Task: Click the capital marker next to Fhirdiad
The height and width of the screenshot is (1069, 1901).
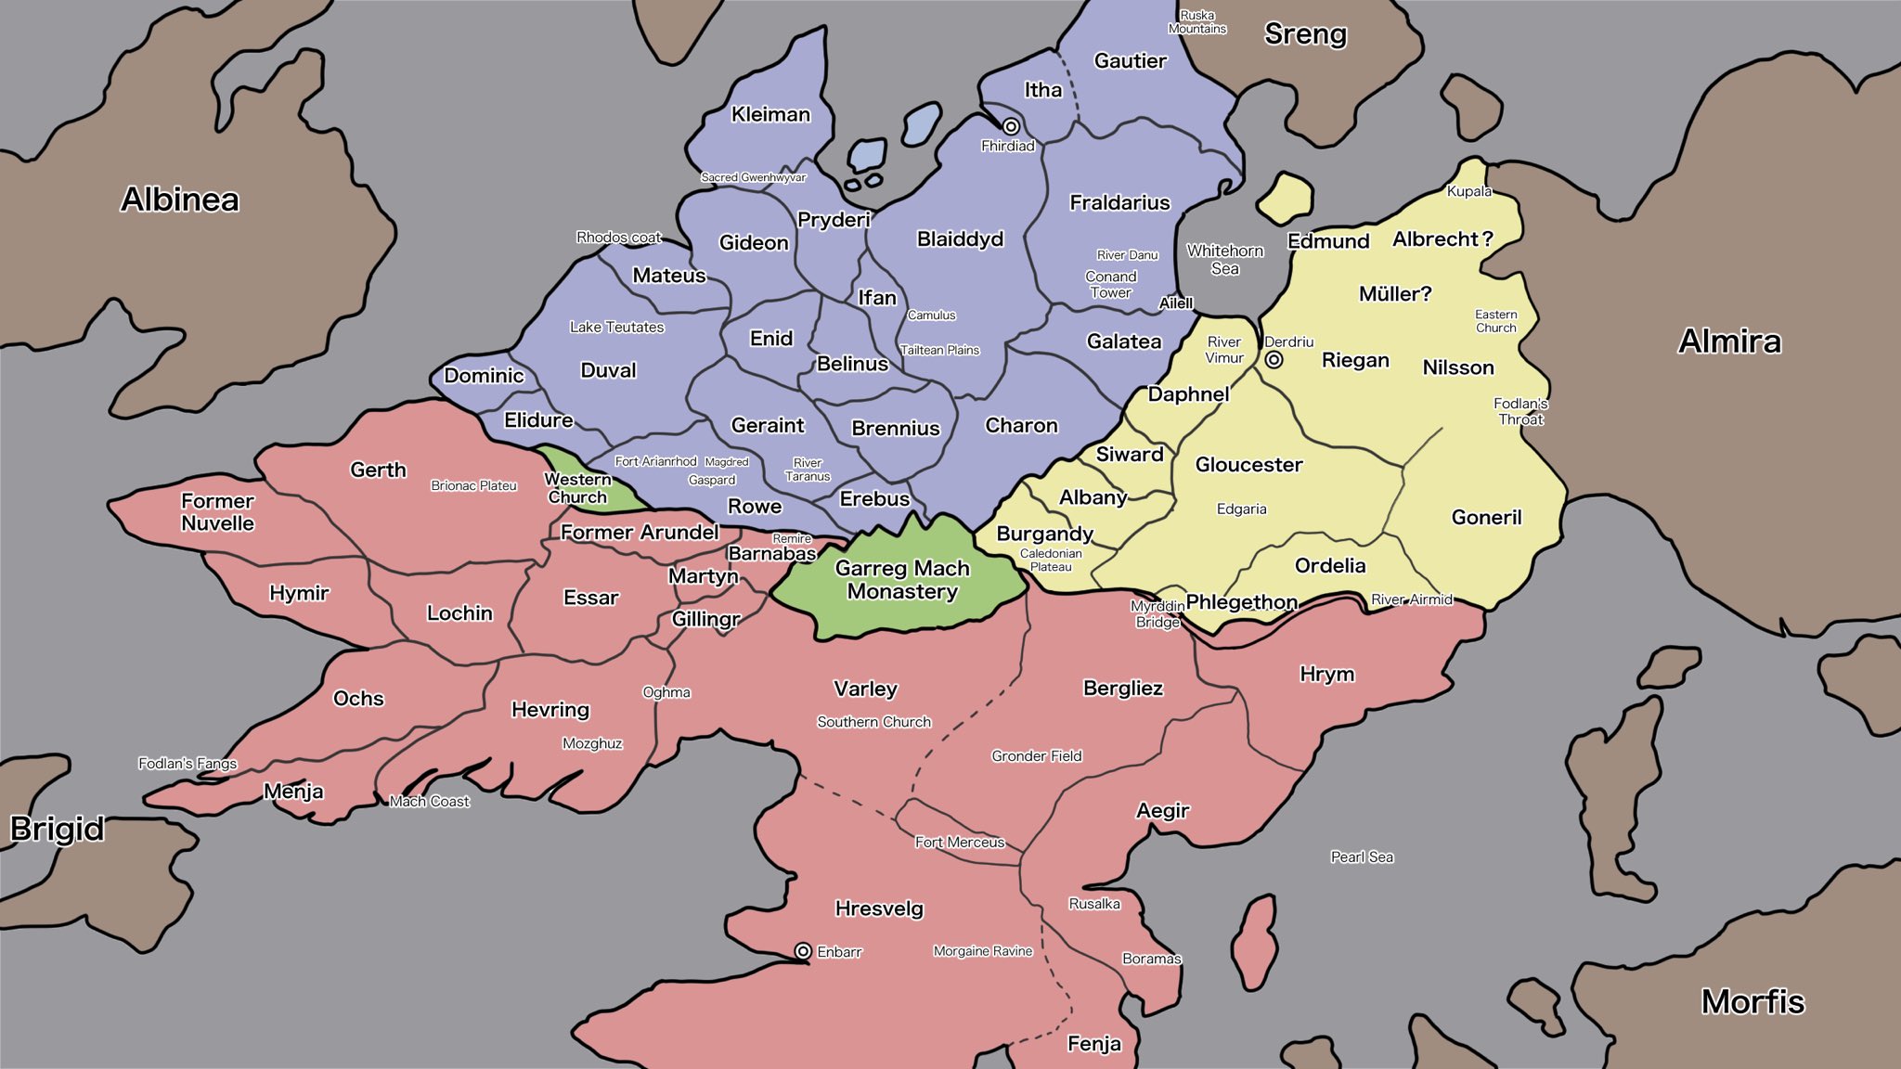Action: (x=1011, y=126)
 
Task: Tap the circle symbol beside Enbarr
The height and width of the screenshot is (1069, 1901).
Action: (x=803, y=951)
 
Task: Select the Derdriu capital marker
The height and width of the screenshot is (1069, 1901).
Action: (x=1274, y=359)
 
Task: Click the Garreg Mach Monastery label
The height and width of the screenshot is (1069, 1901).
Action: (x=902, y=580)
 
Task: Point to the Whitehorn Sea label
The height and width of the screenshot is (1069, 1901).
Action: (x=1225, y=260)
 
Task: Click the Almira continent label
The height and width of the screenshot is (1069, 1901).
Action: (x=1729, y=341)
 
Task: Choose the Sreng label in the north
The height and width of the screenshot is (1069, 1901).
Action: (x=1305, y=34)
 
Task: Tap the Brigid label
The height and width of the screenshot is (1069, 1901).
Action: (x=57, y=829)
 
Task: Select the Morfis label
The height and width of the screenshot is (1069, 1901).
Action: (x=1752, y=1002)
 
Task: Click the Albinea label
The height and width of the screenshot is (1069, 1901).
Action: (x=180, y=200)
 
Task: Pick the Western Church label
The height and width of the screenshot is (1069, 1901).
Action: (x=577, y=488)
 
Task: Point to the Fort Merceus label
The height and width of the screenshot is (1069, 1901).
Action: (x=960, y=843)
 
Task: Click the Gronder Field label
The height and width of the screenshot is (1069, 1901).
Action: (x=1036, y=756)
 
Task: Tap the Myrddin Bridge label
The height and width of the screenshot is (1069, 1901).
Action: (x=1157, y=614)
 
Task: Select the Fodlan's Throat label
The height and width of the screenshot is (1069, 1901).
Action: (x=1520, y=411)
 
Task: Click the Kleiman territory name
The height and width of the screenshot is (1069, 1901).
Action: (x=770, y=115)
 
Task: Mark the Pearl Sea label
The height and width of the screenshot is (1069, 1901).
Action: (x=1362, y=857)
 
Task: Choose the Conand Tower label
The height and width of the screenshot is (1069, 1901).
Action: (x=1111, y=284)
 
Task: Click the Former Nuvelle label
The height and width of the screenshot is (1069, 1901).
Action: (x=217, y=512)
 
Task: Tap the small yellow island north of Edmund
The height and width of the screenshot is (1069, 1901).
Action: (x=1287, y=197)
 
